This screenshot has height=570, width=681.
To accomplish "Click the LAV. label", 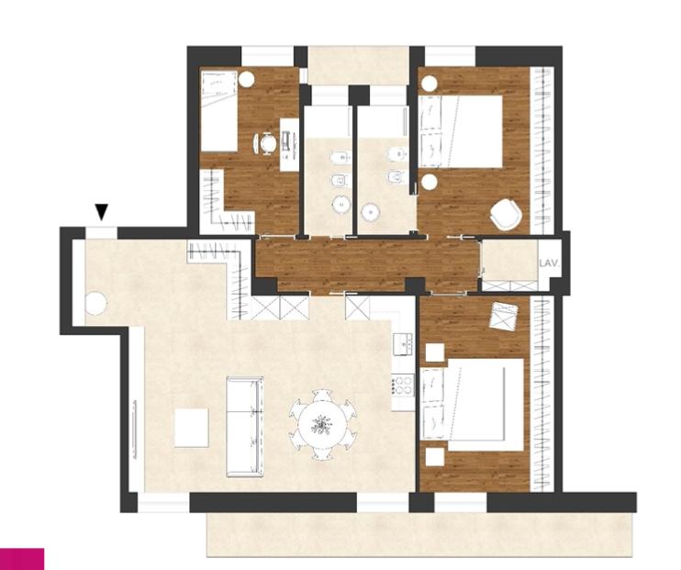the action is pyautogui.click(x=550, y=263).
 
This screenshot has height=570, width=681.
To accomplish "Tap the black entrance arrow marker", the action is pyautogui.click(x=102, y=212).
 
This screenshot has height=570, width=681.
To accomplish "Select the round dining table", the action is pyautogui.click(x=323, y=424).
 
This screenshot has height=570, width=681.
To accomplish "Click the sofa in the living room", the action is pyautogui.click(x=245, y=427).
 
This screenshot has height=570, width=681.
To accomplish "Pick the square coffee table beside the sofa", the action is pyautogui.click(x=192, y=428).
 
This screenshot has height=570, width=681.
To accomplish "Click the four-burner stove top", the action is pyautogui.click(x=403, y=385).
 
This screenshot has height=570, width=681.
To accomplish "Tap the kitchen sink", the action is pyautogui.click(x=404, y=344).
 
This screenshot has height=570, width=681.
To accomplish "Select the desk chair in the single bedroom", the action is pyautogui.click(x=265, y=143).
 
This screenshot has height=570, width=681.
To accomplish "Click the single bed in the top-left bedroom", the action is pyautogui.click(x=219, y=111).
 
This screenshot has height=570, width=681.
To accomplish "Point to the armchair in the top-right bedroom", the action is pyautogui.click(x=506, y=214).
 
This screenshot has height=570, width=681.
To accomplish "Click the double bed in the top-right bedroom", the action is pyautogui.click(x=462, y=131).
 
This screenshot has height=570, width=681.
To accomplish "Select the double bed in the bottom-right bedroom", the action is pyautogui.click(x=473, y=405).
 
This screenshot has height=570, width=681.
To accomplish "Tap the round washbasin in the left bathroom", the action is pyautogui.click(x=341, y=204).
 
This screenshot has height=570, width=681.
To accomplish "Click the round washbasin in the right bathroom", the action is pyautogui.click(x=371, y=212).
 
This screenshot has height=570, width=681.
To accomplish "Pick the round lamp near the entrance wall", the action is pyautogui.click(x=96, y=303).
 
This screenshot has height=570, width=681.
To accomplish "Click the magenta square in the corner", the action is pyautogui.click(x=22, y=559).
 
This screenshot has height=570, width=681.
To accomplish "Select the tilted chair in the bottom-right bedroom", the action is pyautogui.click(x=504, y=316).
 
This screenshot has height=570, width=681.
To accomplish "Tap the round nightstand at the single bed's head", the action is pyautogui.click(x=246, y=80).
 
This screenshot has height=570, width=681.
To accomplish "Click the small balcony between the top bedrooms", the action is pyautogui.click(x=358, y=65).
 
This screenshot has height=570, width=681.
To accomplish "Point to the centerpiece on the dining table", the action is pyautogui.click(x=322, y=424).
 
